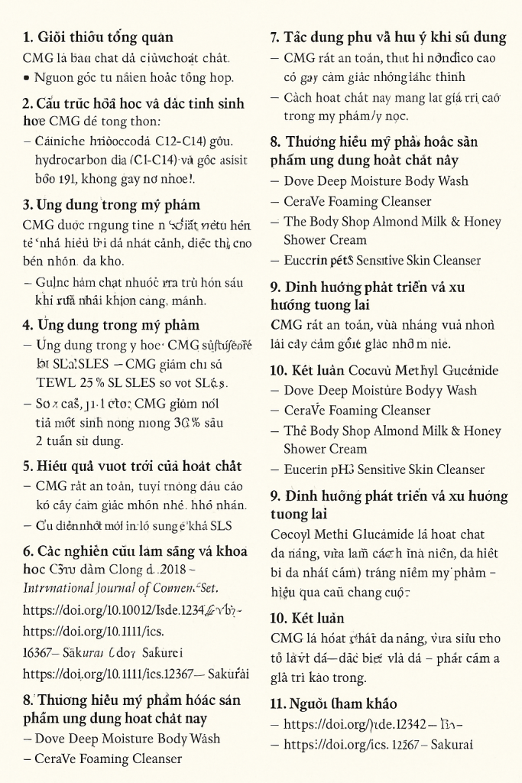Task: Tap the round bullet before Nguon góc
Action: (27, 77)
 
